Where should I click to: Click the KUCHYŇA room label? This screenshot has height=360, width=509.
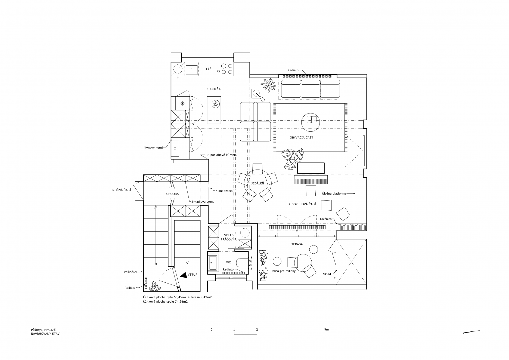tap(213, 89)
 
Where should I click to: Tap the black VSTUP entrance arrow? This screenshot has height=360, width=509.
tap(184, 275)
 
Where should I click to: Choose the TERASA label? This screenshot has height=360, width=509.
tap(297, 244)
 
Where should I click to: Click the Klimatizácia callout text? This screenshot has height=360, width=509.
tap(224, 191)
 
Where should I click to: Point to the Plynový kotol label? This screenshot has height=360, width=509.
tap(153, 148)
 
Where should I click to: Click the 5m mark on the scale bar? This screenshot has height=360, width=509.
tap(326, 330)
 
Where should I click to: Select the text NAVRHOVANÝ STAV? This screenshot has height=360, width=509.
tap(45, 333)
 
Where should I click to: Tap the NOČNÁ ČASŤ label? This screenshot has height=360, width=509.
tap(122, 190)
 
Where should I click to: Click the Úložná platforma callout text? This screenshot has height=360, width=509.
tap(334, 194)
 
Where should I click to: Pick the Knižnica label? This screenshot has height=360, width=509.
tap(326, 219)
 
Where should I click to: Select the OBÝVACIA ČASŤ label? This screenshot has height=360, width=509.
tap(301, 137)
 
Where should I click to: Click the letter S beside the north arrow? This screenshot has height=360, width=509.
tap(463, 333)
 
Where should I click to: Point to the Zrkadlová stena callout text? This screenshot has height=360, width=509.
tap(203, 202)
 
